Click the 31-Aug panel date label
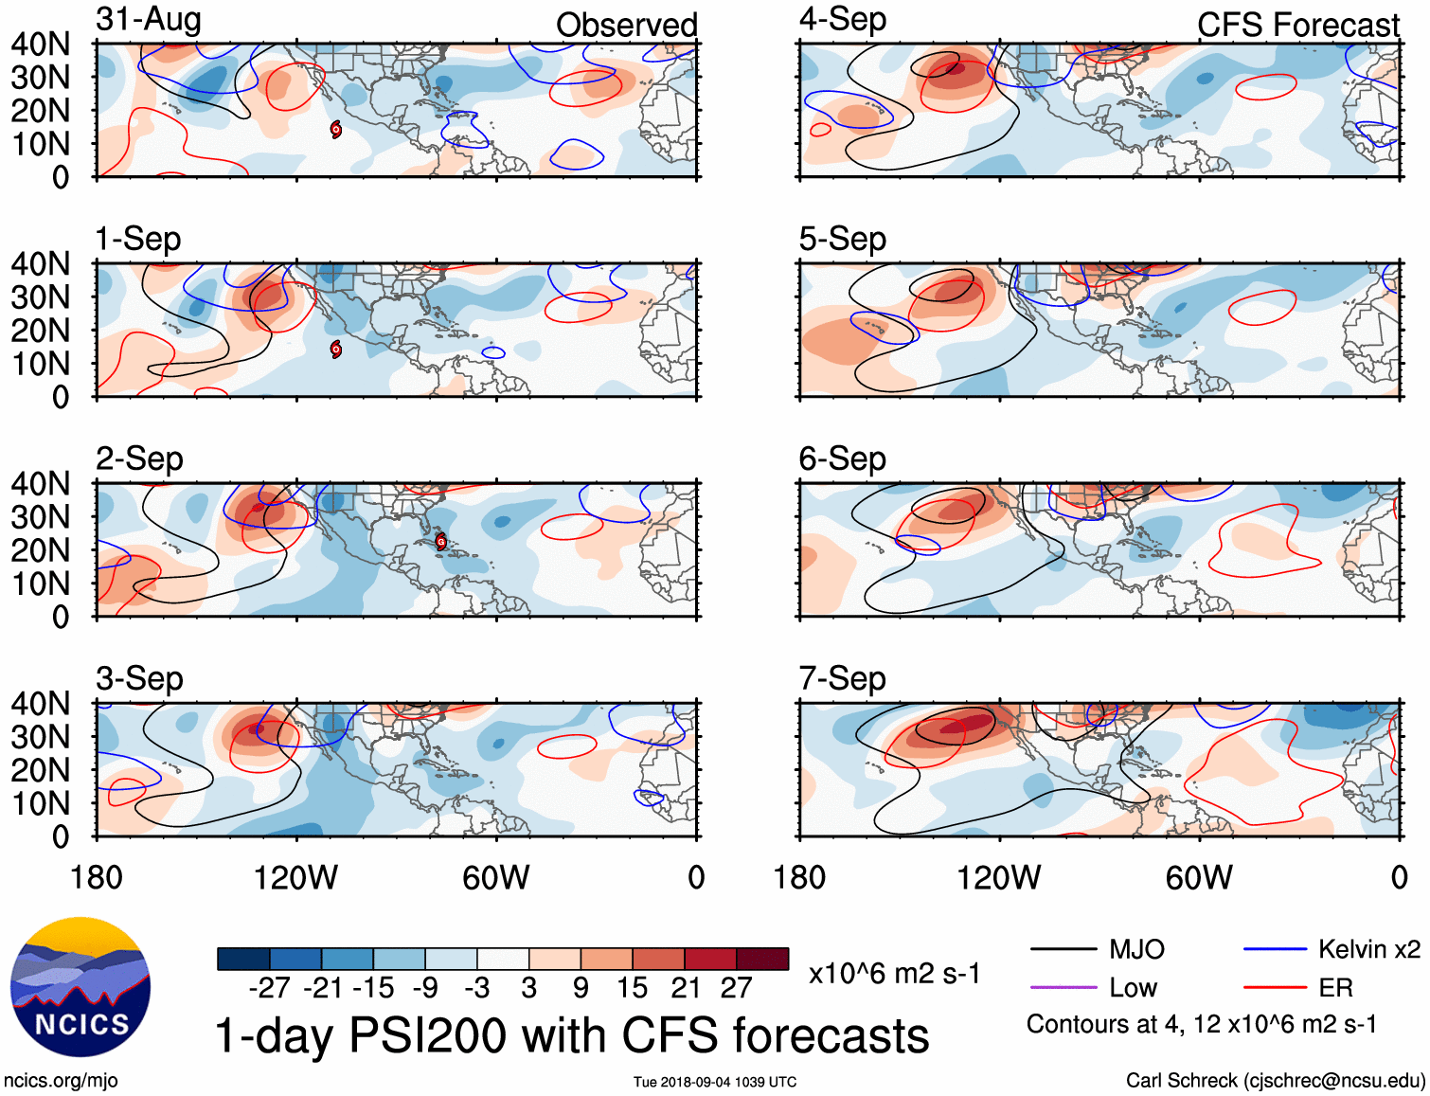click(148, 19)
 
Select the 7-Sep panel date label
click(842, 678)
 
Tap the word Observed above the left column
click(626, 25)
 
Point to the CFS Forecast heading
click(1297, 25)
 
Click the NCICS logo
click(80, 987)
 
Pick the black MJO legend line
click(1063, 949)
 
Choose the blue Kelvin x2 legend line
click(1275, 949)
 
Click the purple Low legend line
click(1063, 988)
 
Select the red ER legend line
click(1275, 988)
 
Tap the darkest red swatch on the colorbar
click(762, 959)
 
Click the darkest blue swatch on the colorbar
click(243, 959)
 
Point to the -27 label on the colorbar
click(269, 988)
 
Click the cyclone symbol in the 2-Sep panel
click(440, 542)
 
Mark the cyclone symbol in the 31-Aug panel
click(335, 129)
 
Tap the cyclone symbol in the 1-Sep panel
click(335, 349)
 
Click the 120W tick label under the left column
click(295, 877)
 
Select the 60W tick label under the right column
click(1199, 877)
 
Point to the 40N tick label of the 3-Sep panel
click(40, 704)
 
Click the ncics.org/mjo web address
click(61, 1080)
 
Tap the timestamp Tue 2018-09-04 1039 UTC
click(715, 1082)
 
